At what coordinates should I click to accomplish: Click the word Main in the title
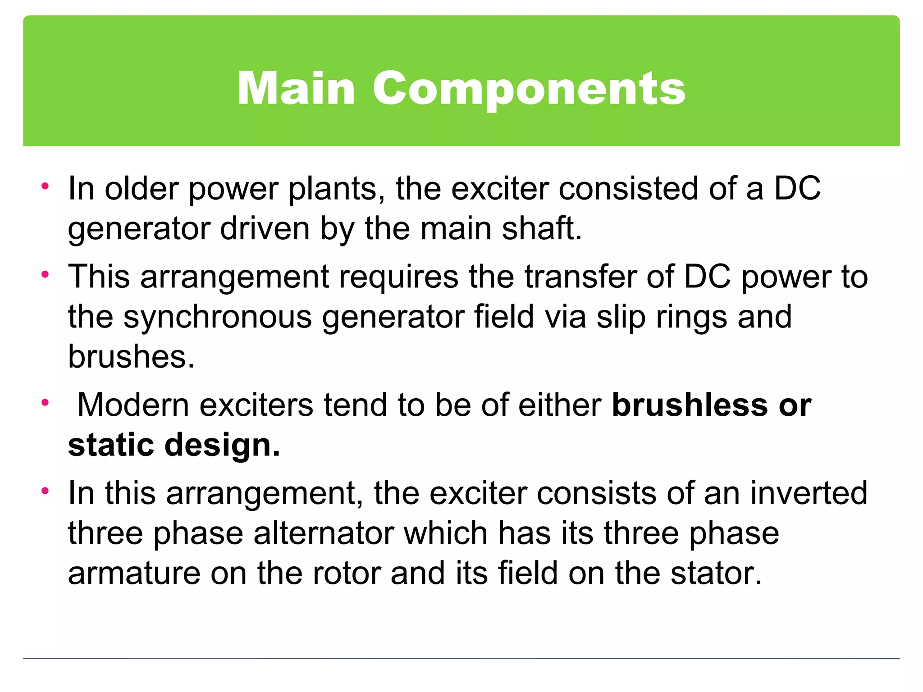click(x=296, y=89)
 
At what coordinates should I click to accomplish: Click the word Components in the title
click(x=529, y=89)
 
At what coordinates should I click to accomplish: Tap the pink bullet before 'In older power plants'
click(x=45, y=186)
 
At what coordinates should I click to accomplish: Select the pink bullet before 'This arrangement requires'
click(x=45, y=274)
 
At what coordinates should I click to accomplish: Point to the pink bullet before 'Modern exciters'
click(x=45, y=402)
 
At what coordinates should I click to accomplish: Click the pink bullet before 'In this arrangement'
click(x=45, y=491)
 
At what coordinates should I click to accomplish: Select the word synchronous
click(x=217, y=317)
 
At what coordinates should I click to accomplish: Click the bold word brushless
click(x=690, y=405)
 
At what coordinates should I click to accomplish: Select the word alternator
click(x=324, y=533)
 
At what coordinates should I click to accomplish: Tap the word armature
click(x=134, y=574)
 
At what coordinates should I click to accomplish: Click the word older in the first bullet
click(x=142, y=188)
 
